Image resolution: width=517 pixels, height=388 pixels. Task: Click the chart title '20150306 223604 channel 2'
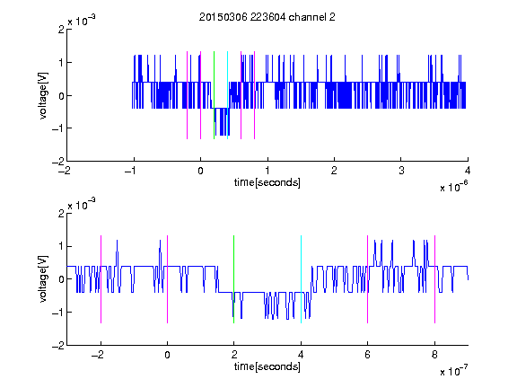click(x=267, y=17)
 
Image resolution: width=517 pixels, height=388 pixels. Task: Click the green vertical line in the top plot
click(x=214, y=95)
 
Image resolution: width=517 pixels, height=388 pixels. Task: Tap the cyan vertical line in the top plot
click(x=227, y=95)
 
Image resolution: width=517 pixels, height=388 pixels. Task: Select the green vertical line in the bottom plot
click(x=233, y=279)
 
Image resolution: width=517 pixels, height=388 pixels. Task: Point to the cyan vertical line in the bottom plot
click(x=301, y=279)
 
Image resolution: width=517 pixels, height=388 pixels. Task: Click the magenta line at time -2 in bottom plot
click(x=101, y=279)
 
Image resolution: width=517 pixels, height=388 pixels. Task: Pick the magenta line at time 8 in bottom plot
click(x=435, y=279)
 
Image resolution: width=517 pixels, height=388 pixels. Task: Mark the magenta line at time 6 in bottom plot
click(x=368, y=279)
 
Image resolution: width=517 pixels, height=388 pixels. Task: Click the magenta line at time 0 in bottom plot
click(x=168, y=279)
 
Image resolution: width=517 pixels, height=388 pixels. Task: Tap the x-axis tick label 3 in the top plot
click(x=401, y=171)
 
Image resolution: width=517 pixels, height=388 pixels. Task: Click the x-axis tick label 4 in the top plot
click(x=468, y=171)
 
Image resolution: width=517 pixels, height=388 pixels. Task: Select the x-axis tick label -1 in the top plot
click(x=131, y=171)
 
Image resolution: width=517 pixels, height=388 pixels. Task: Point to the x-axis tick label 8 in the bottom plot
click(x=434, y=355)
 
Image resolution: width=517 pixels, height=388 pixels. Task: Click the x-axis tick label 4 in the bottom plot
click(x=301, y=355)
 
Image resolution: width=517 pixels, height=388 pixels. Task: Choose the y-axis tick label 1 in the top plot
click(x=61, y=63)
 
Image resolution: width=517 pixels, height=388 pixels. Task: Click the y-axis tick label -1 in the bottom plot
click(x=58, y=313)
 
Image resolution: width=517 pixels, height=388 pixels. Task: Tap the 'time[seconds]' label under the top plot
click(x=267, y=182)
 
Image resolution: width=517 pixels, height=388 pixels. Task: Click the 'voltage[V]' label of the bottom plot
click(x=43, y=278)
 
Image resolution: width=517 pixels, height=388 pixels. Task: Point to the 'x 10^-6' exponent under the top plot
click(x=454, y=187)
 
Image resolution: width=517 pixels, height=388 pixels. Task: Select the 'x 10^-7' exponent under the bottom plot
click(x=454, y=371)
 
